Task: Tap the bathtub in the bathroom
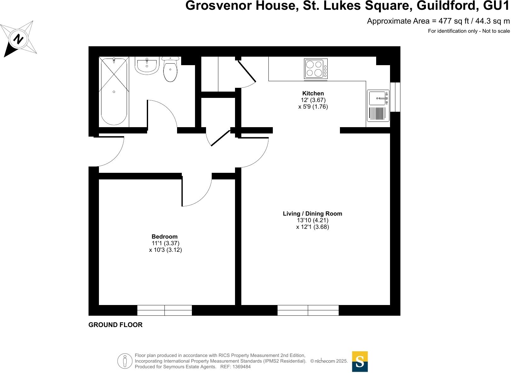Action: coord(114,92)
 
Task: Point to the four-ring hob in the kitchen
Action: coord(316,69)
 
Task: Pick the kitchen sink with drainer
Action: coord(378,106)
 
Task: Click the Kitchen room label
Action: coord(313,93)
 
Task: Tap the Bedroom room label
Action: coord(164,236)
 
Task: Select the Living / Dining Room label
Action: coord(312,213)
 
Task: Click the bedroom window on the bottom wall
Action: coord(164,310)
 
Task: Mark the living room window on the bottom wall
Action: coord(308,310)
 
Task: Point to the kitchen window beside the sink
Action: coord(395,97)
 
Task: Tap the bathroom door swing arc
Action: coord(164,113)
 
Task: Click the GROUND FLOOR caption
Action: coord(115,325)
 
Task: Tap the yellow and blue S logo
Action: coord(360,361)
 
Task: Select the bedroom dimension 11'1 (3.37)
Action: coord(165,243)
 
